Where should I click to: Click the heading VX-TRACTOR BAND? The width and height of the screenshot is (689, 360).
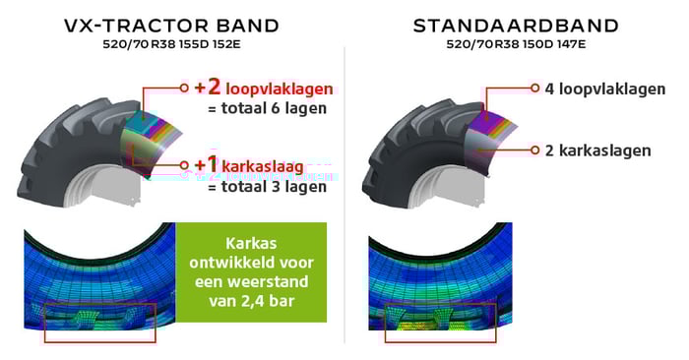pos(171,26)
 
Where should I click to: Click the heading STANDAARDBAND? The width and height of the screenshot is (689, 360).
pos(515,26)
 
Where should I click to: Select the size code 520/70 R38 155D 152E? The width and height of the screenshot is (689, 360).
pos(172,45)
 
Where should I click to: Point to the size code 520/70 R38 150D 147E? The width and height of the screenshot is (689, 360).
pos(515,45)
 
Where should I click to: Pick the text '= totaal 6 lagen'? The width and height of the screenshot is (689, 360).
pos(267,108)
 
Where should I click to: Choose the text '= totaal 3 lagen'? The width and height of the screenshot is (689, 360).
pos(267,185)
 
